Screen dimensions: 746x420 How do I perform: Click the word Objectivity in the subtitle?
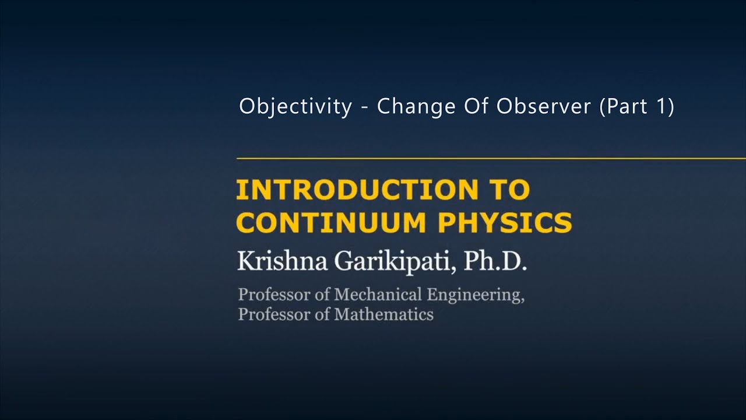(x=295, y=107)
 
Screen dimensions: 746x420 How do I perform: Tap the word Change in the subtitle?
(x=416, y=107)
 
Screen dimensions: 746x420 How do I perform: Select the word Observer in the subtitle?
(x=544, y=106)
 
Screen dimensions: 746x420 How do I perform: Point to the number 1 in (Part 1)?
(x=660, y=106)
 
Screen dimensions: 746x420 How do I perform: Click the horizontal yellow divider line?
(x=491, y=158)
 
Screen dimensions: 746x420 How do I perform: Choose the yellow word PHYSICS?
(x=505, y=222)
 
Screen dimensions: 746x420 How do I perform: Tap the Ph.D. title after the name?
(x=495, y=261)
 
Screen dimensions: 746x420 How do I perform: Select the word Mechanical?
(x=378, y=295)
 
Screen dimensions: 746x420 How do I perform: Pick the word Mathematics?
(x=384, y=314)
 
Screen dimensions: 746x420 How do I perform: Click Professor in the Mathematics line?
(x=274, y=314)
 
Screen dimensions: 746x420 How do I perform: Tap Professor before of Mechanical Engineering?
(x=274, y=295)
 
